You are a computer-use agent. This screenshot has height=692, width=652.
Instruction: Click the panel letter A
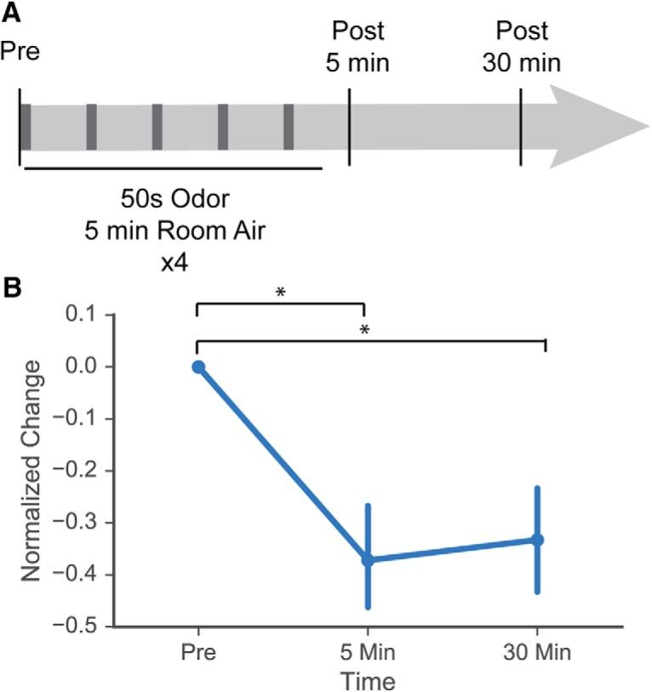11,11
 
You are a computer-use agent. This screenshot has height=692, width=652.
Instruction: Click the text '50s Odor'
173,203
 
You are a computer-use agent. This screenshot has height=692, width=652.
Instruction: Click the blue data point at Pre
198,367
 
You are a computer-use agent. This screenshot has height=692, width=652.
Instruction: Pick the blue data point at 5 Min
368,559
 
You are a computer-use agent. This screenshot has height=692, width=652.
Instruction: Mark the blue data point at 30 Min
537,539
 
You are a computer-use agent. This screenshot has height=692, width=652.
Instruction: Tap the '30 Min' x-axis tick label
537,655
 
